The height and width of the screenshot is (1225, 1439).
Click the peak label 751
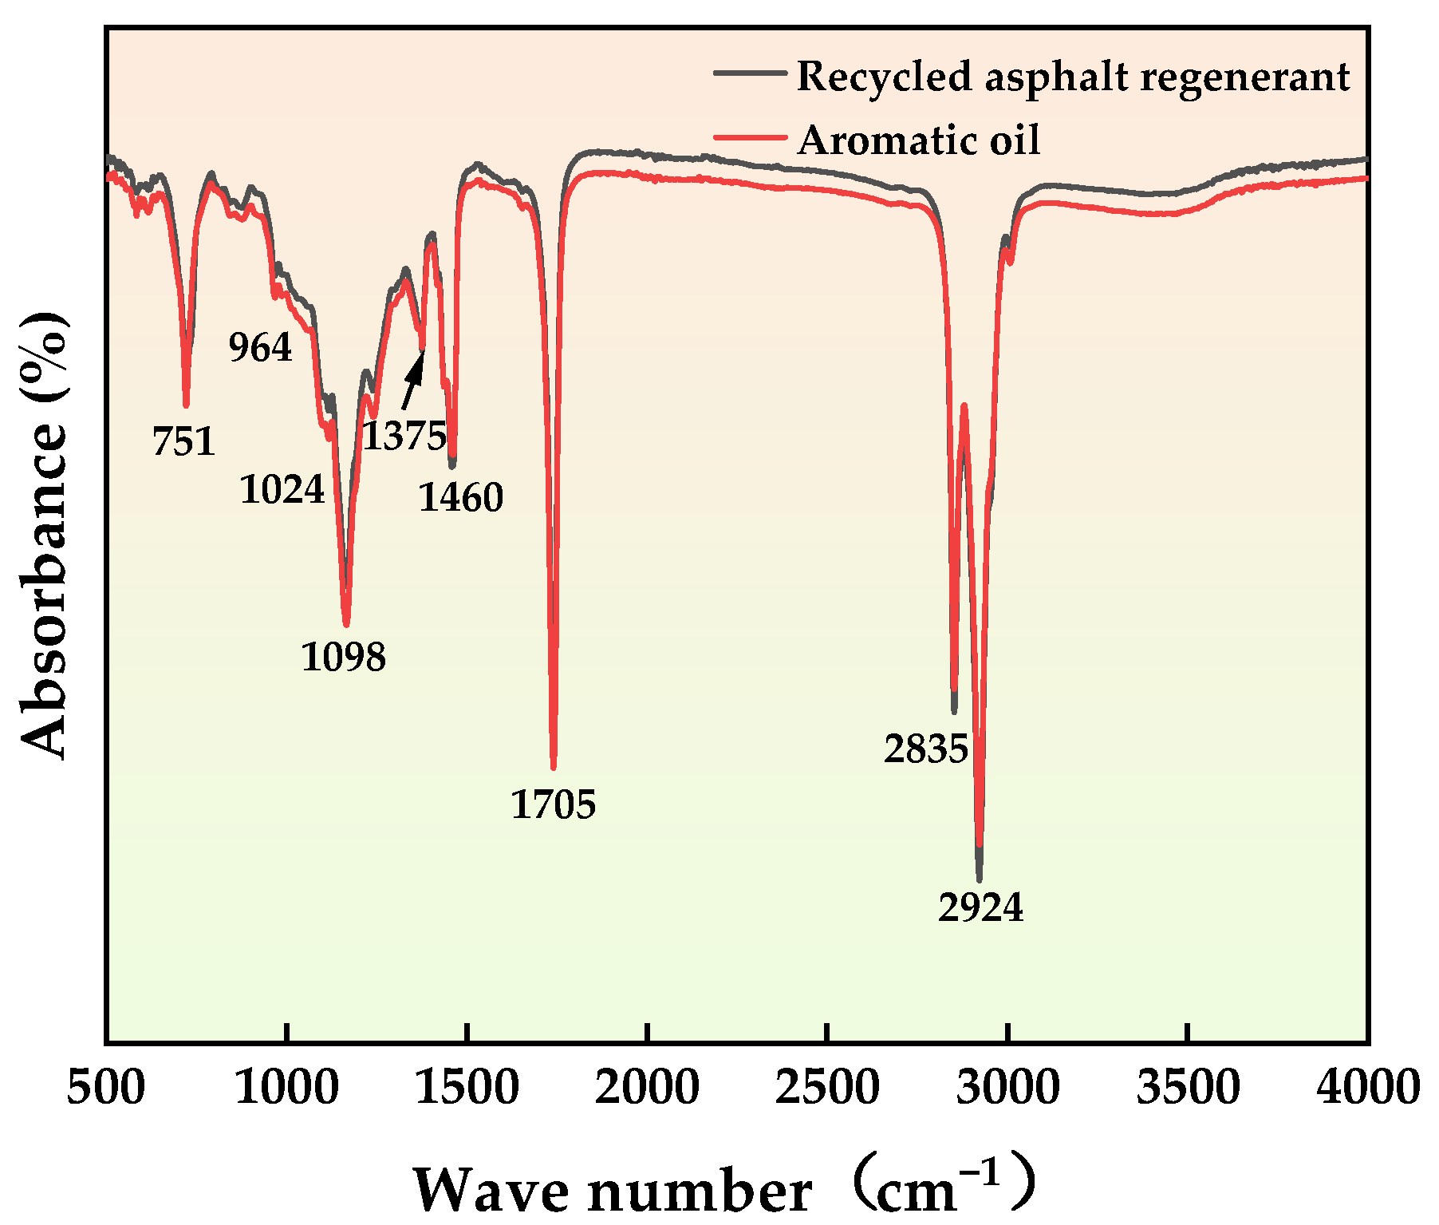(x=183, y=441)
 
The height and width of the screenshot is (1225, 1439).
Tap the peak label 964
(x=260, y=348)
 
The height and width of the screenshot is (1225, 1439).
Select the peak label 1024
(x=282, y=489)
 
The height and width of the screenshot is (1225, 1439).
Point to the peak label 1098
(x=343, y=657)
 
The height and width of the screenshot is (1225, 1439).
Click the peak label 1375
(x=404, y=436)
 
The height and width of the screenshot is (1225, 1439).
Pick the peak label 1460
(x=460, y=498)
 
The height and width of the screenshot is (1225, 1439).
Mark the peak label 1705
(x=553, y=804)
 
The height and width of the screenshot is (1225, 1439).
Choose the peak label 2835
(x=925, y=749)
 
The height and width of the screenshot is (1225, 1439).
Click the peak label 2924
(x=980, y=907)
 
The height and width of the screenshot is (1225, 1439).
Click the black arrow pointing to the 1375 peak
(x=412, y=379)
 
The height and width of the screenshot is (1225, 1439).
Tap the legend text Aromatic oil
(x=918, y=140)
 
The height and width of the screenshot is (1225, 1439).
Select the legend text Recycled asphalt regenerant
(x=1073, y=77)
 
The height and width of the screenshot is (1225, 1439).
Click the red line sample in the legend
(x=749, y=138)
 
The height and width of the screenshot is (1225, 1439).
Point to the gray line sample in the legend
(x=749, y=73)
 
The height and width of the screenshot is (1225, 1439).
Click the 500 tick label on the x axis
(x=106, y=1087)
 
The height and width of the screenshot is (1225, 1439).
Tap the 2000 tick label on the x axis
(x=647, y=1087)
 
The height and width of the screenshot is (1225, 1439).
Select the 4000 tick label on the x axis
(x=1367, y=1087)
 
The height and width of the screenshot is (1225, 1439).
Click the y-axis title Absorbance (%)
(x=44, y=535)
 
